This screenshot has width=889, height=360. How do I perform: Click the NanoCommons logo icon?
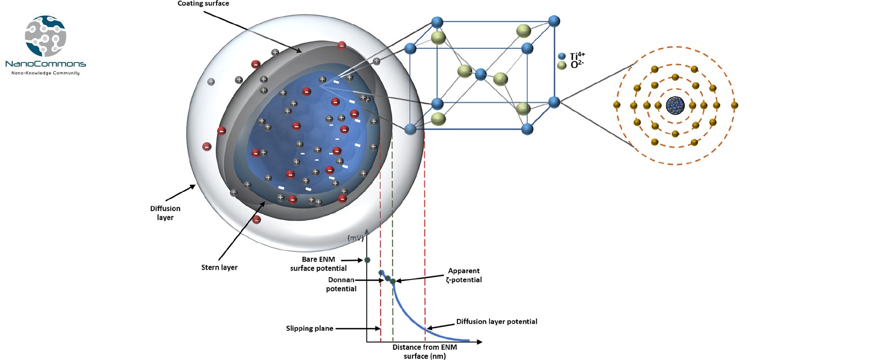coord(46,36)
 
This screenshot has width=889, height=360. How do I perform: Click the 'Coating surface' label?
coord(203,4)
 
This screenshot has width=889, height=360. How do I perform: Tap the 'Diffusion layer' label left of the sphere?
coord(165,213)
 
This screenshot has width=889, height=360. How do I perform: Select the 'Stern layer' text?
coord(219,267)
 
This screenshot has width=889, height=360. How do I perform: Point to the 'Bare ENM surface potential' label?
coord(318,264)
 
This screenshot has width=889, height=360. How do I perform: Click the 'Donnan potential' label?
coord(341,284)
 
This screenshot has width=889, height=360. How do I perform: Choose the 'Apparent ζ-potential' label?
coord(464,275)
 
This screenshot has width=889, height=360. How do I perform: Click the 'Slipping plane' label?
coord(310,328)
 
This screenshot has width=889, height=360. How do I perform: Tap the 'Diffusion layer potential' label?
coord(497,321)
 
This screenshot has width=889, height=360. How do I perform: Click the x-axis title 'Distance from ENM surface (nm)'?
coord(425,351)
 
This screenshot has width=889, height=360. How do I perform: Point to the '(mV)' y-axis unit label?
coord(356,238)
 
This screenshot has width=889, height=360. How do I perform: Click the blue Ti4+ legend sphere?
coord(562,56)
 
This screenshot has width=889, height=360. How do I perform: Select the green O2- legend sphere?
coord(562,65)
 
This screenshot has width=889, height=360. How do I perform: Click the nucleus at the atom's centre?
coord(675,105)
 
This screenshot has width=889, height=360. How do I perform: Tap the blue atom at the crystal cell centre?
coord(481,74)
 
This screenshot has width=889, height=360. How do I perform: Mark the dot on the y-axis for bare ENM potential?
coord(367,260)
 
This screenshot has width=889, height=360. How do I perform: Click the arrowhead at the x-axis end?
coord(479,342)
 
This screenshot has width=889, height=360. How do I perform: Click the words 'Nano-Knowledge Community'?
coord(46,73)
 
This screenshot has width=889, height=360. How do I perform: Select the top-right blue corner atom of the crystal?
coord(554,21)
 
